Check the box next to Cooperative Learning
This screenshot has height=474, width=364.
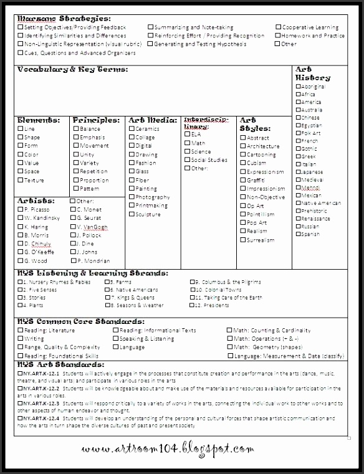tap(278, 27)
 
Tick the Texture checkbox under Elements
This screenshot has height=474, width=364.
tap(21, 181)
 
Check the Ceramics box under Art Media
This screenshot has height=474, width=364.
tap(132, 129)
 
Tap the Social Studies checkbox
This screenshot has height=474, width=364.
tap(186, 160)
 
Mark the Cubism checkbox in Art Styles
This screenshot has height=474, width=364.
tap(242, 163)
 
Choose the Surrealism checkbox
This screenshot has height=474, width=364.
tap(242, 240)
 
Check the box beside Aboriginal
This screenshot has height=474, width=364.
tap(298, 87)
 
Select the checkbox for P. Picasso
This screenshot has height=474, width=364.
tap(21, 210)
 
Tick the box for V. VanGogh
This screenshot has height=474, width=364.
tap(72, 227)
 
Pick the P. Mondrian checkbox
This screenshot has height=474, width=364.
tap(72, 261)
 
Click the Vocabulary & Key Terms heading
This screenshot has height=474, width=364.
tap(73, 69)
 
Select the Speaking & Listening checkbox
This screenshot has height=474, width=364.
tap(115, 339)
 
